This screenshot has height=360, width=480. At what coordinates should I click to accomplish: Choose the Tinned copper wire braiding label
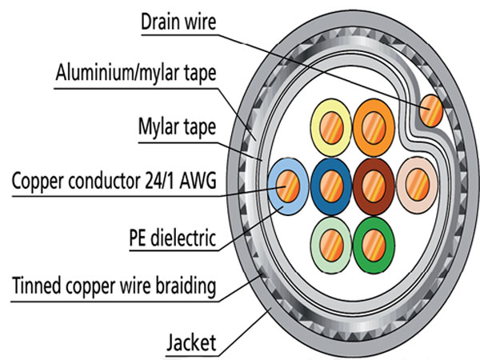[x=114, y=286]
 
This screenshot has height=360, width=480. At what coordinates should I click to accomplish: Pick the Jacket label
[x=191, y=343]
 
